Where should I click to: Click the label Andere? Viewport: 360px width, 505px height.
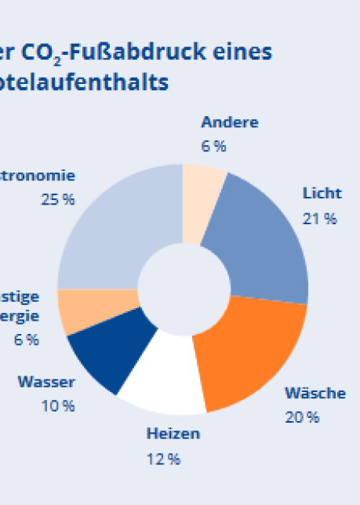tap(229, 122)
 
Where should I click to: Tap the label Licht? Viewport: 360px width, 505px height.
tap(322, 194)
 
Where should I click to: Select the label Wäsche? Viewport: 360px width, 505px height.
tap(315, 393)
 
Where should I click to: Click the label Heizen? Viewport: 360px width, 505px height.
tap(173, 434)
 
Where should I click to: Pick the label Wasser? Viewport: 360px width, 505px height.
tap(47, 383)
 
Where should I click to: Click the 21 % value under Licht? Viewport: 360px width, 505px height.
tap(319, 219)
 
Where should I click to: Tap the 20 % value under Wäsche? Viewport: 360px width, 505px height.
tap(302, 417)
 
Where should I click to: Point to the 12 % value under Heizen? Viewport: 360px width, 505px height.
tap(163, 459)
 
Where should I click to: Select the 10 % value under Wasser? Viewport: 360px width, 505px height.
tap(58, 406)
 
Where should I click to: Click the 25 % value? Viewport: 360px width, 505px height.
tap(58, 200)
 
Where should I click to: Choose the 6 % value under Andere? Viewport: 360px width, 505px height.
tap(213, 147)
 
